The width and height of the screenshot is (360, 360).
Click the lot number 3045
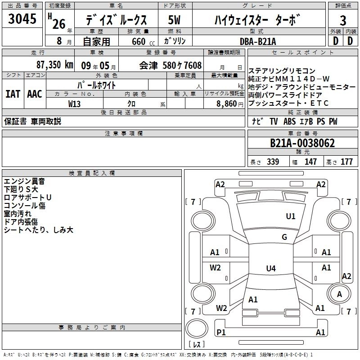coord(22,19)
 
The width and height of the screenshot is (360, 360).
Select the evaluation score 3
coord(343,21)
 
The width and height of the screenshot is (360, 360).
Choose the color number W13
coord(75,103)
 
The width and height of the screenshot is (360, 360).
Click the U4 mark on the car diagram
coord(270,269)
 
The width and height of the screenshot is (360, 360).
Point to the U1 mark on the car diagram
coord(291,216)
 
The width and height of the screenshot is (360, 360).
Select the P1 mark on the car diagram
coord(221,332)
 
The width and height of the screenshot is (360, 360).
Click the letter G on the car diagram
coord(284,237)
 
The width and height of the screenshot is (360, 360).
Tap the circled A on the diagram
coord(339,294)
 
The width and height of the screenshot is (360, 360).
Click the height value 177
coord(346,162)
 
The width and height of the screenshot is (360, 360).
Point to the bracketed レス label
coord(196,346)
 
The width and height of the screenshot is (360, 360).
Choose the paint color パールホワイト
coord(97,85)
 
